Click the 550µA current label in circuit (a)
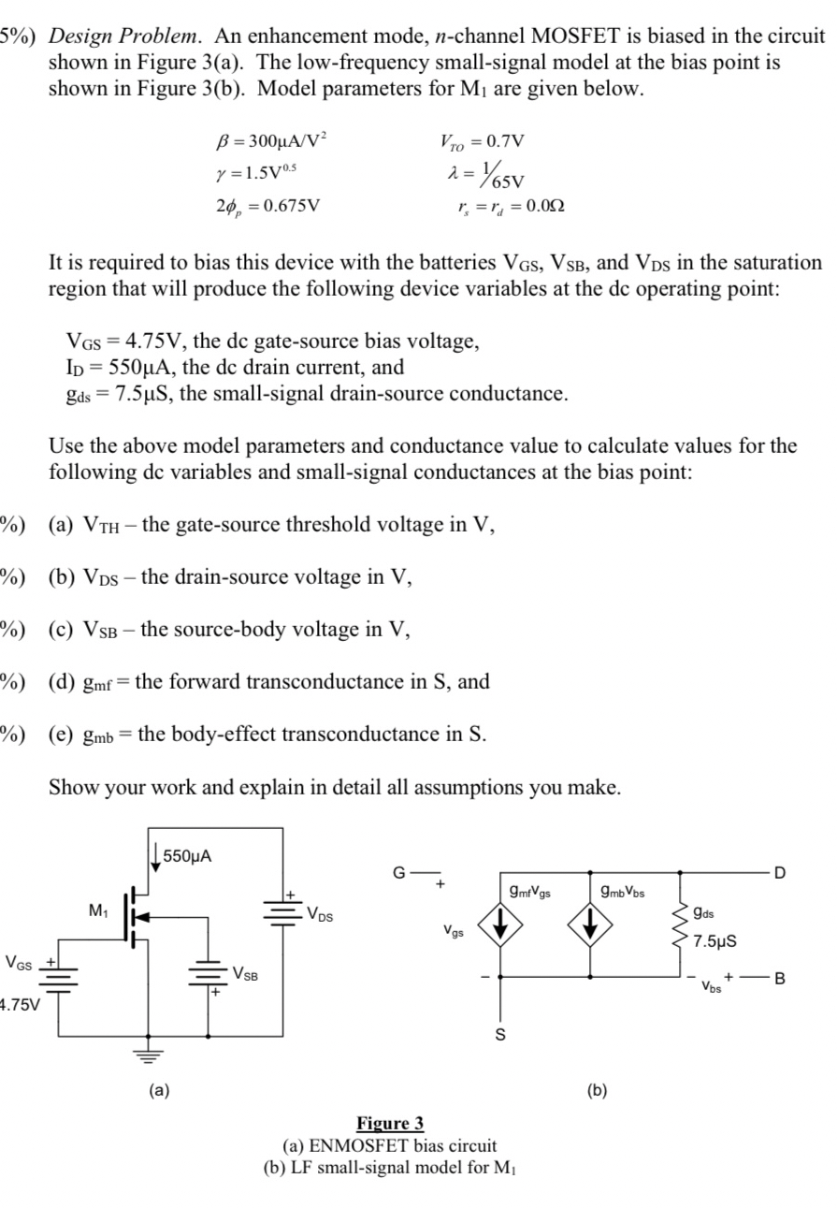[187, 854]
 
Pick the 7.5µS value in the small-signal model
[717, 940]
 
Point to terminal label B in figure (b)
[782, 980]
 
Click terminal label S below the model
[498, 1033]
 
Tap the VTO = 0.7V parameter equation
[482, 142]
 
